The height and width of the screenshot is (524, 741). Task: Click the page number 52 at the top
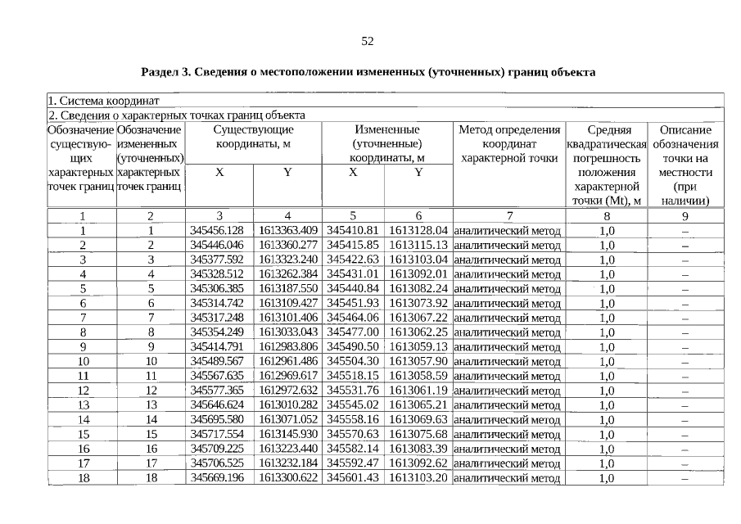tap(368, 41)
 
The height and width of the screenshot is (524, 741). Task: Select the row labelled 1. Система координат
tap(98, 101)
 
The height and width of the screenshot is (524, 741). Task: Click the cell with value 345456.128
tap(216, 230)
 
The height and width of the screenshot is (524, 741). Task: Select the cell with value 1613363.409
tap(287, 230)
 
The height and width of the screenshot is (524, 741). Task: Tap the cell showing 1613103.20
tap(418, 478)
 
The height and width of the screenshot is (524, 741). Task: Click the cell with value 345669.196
tap(216, 478)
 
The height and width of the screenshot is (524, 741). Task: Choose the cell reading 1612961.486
tap(287, 361)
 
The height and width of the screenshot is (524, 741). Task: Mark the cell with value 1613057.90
tap(418, 361)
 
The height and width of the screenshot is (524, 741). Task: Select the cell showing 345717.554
tap(216, 434)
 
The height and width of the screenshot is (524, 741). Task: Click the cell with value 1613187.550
tap(287, 288)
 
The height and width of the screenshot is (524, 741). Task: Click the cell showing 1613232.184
tap(287, 463)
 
